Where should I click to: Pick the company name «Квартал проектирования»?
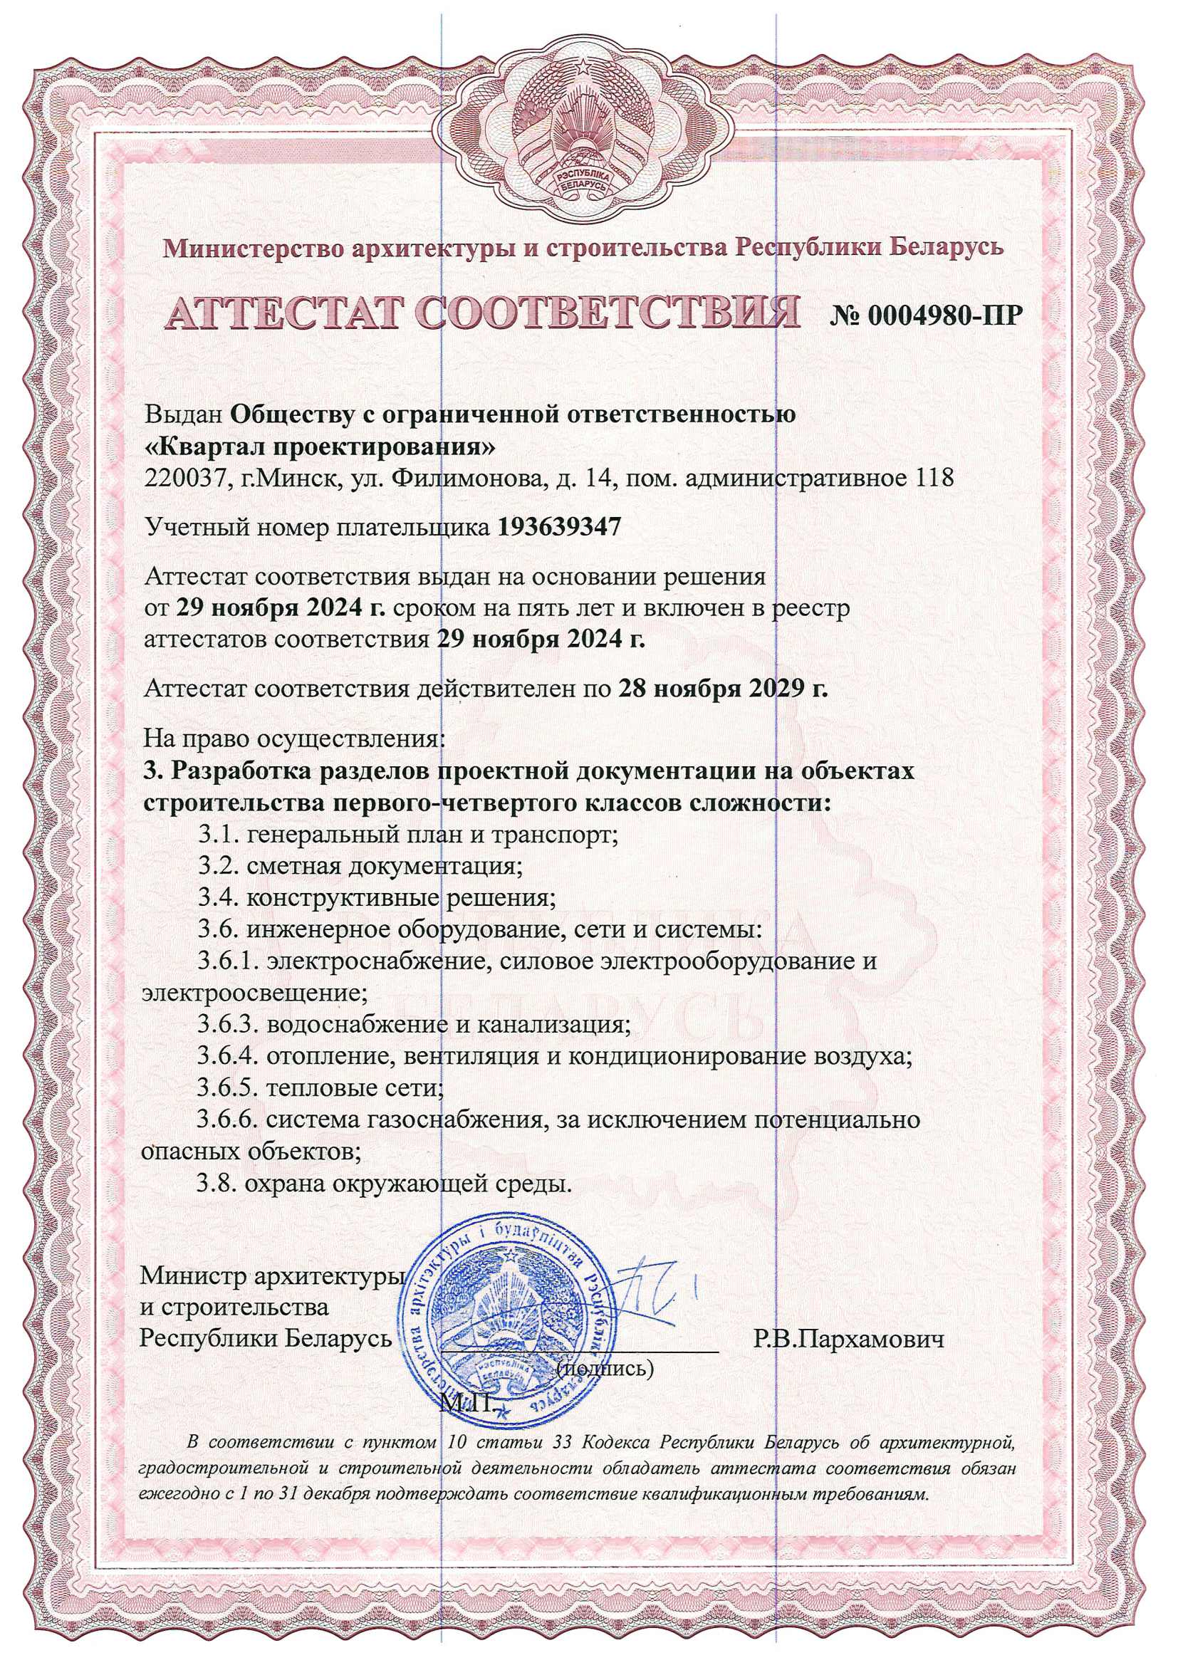tap(320, 447)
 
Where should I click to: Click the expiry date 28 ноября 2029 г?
tap(723, 687)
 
